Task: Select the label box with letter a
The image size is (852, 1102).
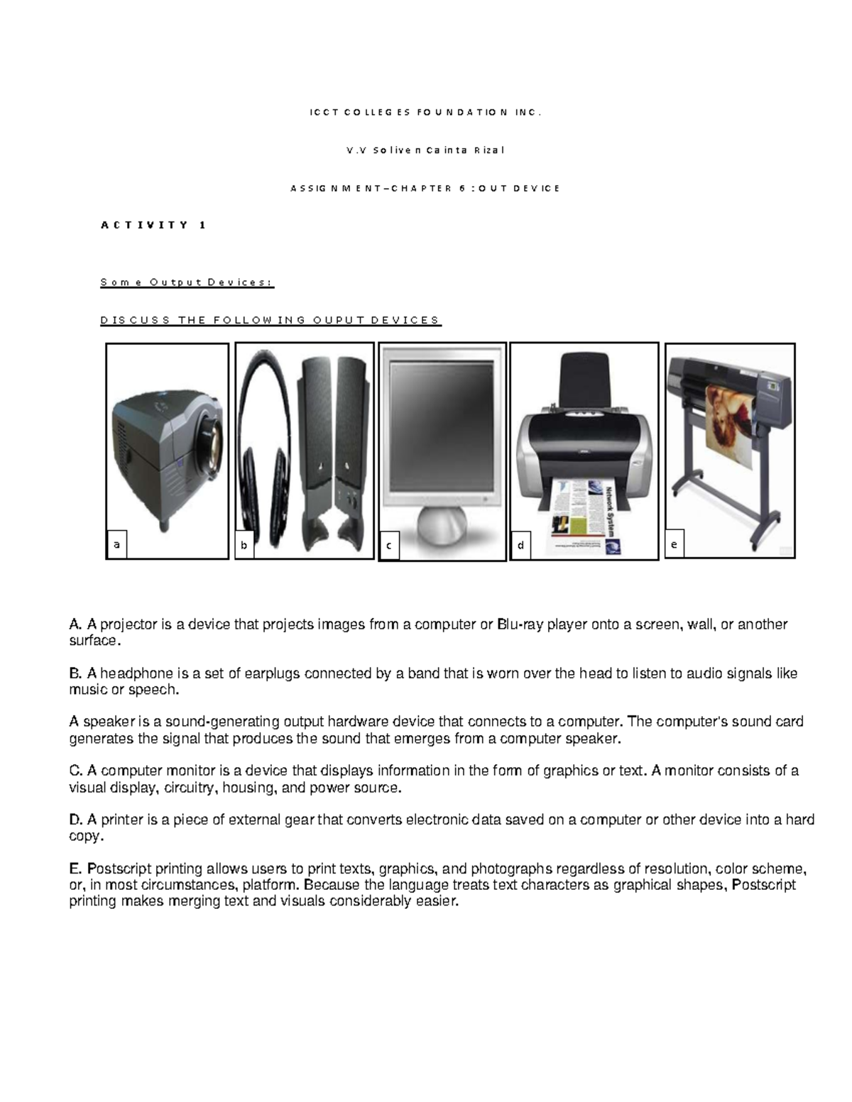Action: [x=116, y=544]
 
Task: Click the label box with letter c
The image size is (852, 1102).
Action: [x=389, y=546]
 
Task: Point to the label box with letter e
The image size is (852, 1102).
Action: [x=674, y=544]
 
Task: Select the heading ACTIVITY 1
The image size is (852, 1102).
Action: [x=153, y=225]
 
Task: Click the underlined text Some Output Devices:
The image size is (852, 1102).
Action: [x=186, y=282]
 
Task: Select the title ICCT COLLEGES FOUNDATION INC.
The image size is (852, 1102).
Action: [x=425, y=112]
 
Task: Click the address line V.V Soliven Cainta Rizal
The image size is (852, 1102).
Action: [x=425, y=150]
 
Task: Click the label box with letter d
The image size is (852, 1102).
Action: [x=521, y=545]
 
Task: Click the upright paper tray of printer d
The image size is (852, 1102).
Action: [x=582, y=380]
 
